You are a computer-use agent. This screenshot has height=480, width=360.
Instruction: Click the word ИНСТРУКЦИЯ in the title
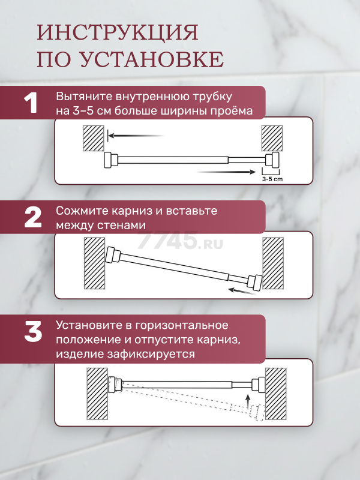click(118, 32)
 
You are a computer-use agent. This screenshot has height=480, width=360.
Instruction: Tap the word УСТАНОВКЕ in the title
click(152, 59)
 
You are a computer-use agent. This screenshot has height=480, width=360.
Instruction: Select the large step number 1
click(31, 103)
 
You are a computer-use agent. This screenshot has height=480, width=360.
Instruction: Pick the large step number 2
click(33, 217)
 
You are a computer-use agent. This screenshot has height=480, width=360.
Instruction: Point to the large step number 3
click(33, 332)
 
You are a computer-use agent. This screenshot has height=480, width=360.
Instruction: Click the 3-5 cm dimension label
click(272, 179)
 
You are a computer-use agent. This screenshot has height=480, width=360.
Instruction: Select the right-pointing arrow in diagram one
click(226, 172)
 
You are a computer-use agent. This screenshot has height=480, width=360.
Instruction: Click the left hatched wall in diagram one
click(94, 138)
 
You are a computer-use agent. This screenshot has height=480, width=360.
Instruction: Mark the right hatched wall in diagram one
click(272, 138)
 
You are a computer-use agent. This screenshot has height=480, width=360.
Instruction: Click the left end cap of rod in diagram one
click(110, 160)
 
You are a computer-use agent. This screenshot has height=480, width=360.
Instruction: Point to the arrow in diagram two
click(242, 291)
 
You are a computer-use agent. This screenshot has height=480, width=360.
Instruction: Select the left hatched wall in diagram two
click(95, 263)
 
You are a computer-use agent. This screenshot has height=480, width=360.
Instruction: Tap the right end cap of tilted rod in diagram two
click(254, 282)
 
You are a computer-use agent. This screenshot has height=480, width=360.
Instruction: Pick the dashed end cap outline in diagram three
click(257, 413)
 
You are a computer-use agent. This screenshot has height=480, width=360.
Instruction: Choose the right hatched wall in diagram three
click(275, 394)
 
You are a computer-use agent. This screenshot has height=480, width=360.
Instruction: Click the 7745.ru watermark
click(180, 241)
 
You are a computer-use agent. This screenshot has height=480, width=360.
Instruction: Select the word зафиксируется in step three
click(151, 354)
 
